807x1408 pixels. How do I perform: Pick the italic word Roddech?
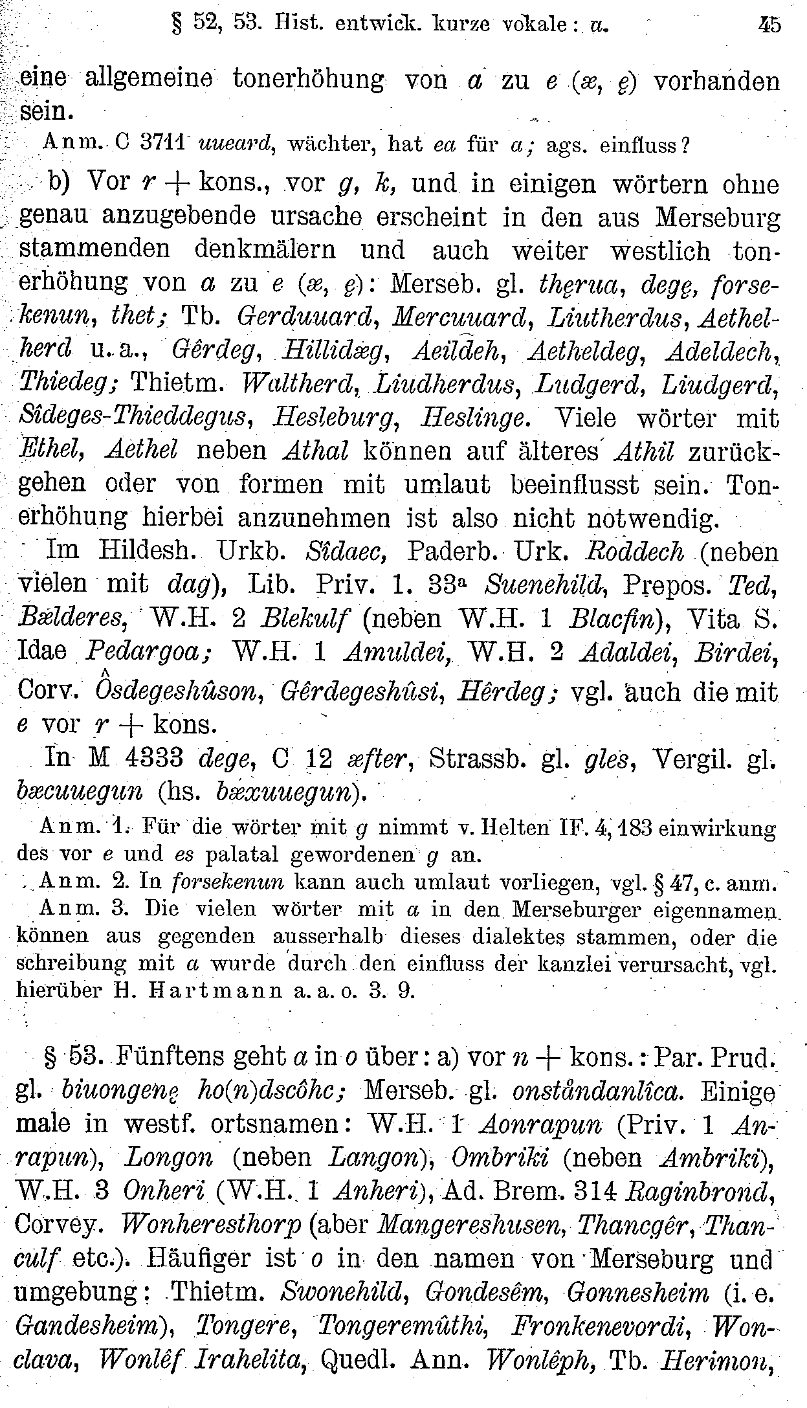634,551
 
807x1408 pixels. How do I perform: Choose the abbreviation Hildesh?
150,551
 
